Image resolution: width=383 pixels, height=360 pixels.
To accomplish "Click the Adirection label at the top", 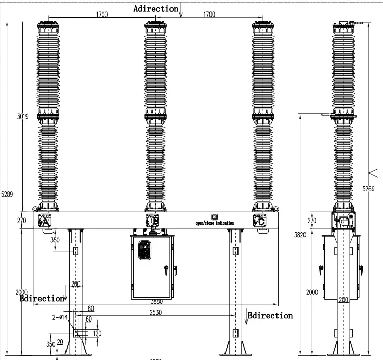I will [x=155, y=9].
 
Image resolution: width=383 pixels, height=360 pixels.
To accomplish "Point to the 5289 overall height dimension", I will [x=7, y=194].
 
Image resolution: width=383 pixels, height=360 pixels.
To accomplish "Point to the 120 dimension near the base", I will [x=97, y=333].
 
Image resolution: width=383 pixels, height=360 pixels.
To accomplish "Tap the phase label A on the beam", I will [x=45, y=222].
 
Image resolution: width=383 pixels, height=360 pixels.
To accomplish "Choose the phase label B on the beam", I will [x=155, y=222].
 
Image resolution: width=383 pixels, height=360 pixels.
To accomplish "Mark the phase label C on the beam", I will [x=261, y=222].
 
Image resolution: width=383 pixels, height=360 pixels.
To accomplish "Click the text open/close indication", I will [x=214, y=223].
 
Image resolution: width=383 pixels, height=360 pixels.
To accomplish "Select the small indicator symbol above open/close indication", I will [x=214, y=217].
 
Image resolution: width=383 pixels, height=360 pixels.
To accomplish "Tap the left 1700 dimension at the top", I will [x=101, y=15].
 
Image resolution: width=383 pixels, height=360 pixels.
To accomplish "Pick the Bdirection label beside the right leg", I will [x=270, y=315].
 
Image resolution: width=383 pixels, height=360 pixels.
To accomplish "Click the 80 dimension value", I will [x=91, y=308].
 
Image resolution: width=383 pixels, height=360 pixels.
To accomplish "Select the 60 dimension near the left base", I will [x=88, y=319].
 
